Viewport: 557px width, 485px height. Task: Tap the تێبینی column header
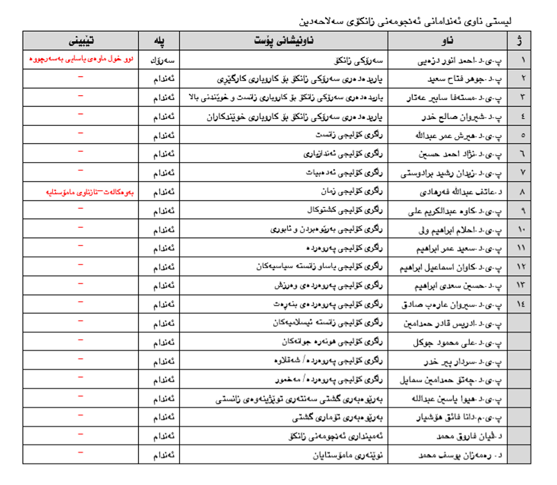coord(80,40)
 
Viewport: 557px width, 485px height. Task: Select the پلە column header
coord(159,40)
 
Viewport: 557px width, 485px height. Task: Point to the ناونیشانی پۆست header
coord(283,40)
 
